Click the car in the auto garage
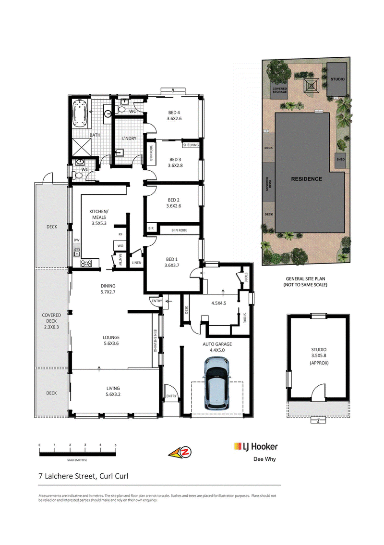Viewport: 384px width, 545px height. coord(217,383)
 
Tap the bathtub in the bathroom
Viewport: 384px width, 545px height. coord(80,114)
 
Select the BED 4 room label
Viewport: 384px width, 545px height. coord(174,113)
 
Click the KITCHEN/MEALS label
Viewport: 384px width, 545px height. coord(99,214)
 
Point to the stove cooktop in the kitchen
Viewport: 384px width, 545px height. coord(86,263)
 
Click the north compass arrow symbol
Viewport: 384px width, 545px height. coord(180,452)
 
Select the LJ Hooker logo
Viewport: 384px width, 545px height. coord(256,447)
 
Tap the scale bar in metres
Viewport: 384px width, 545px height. coord(77,452)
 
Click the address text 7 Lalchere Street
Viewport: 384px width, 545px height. coord(67,476)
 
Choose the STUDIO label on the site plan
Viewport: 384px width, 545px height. coord(337,79)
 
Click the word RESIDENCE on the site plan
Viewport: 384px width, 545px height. coord(306,179)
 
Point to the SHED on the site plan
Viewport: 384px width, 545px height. coord(340,159)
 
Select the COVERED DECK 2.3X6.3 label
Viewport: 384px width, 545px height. coord(51,321)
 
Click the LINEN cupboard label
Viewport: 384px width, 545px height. coord(136,263)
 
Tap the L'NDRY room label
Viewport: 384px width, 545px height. coord(129,139)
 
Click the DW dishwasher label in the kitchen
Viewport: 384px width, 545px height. coord(76,240)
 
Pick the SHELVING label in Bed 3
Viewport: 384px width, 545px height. coord(191,145)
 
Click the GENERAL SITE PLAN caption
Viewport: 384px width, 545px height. coord(305,279)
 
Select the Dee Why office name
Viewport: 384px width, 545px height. coord(264,459)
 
